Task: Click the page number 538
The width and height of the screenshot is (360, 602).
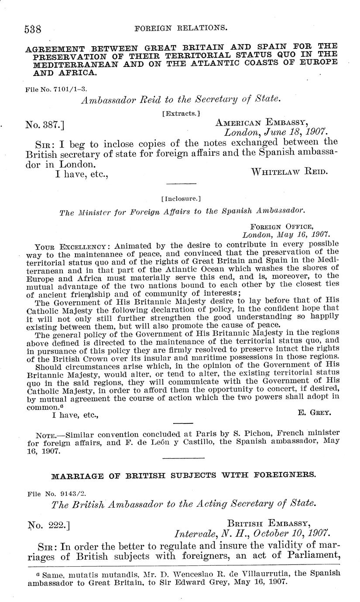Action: point(33,29)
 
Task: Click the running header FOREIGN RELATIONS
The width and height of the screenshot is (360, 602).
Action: point(181,28)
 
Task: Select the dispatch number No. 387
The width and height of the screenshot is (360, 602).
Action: point(45,125)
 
